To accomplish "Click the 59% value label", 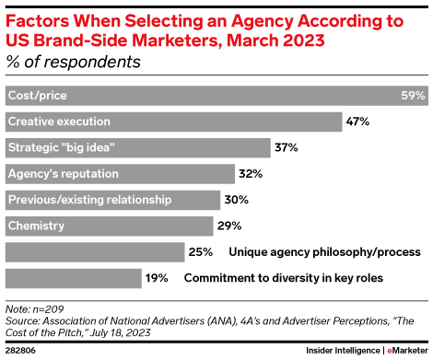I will click(x=411, y=96).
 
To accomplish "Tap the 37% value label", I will click(x=286, y=147).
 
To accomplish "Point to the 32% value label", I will click(x=250, y=173).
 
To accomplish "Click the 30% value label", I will click(x=235, y=199).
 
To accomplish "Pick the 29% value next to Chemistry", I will click(x=228, y=225).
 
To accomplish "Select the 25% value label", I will click(x=200, y=250).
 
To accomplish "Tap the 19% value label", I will click(x=157, y=276).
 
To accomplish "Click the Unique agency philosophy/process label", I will click(x=324, y=250).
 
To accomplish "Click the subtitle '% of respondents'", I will click(x=74, y=63).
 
